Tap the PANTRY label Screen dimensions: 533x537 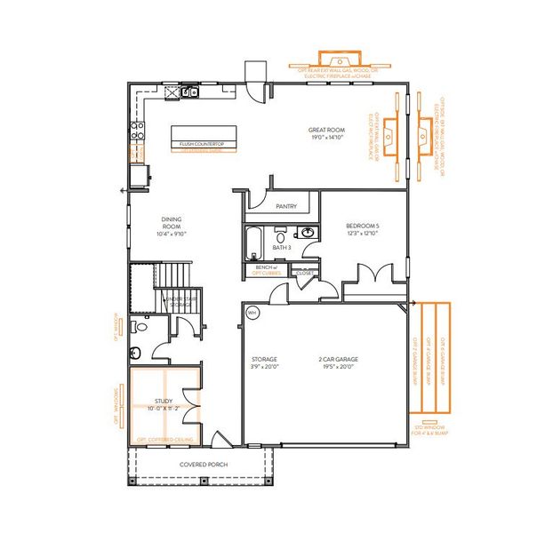point(285,206)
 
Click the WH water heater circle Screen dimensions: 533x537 point(252,313)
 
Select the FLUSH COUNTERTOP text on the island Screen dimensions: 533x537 point(201,143)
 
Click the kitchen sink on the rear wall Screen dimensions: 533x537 point(189,91)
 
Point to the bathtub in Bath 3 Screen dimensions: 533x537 point(253,240)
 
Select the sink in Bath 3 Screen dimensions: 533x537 point(307,234)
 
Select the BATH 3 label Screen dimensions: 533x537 point(282,248)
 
